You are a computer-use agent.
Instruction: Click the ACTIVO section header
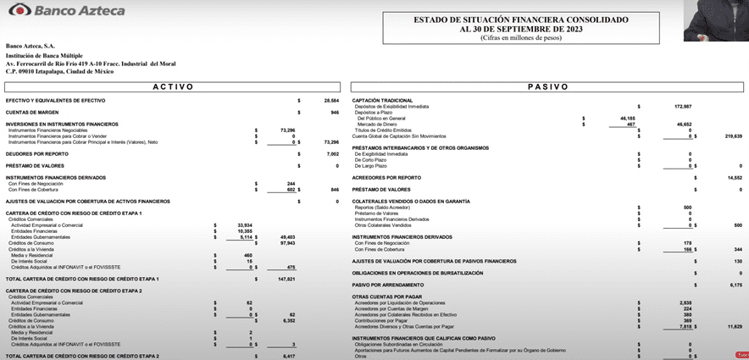(x=173, y=86)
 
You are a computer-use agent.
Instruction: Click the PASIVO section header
(x=548, y=86)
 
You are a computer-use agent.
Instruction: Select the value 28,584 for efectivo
(x=331, y=100)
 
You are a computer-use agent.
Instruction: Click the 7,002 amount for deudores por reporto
(x=333, y=154)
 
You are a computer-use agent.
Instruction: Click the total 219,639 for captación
(x=733, y=136)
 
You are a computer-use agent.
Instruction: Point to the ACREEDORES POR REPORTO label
(x=386, y=177)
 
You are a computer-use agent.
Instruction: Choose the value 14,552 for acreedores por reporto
(x=735, y=177)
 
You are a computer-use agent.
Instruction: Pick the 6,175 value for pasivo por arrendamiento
(x=735, y=285)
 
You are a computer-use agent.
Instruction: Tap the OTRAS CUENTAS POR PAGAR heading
(x=386, y=296)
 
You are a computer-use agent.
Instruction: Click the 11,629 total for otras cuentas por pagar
(x=734, y=325)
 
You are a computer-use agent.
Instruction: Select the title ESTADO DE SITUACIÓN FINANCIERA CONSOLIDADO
(x=521, y=19)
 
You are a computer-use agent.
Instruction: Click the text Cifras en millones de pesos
(x=521, y=37)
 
